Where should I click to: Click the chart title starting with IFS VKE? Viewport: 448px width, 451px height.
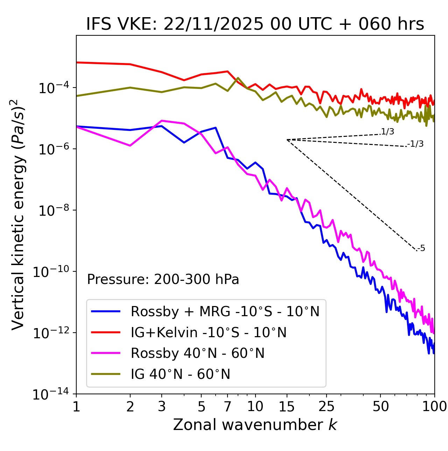coord(255,24)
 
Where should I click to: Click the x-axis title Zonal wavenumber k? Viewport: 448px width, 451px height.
coord(255,425)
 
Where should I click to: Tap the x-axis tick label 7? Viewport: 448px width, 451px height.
coord(227,406)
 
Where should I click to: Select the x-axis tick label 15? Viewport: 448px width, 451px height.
coord(287,406)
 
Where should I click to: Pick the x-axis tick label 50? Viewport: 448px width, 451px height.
coord(380,406)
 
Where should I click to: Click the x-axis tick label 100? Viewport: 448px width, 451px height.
coord(434,406)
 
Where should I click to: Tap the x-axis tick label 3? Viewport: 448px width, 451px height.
coord(161,406)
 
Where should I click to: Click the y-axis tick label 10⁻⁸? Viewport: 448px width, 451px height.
coord(52,210)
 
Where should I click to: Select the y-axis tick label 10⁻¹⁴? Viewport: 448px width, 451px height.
coord(51,394)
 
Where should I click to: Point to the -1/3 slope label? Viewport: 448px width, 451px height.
coord(416,144)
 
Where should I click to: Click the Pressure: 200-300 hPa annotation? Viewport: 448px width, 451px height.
coord(163,279)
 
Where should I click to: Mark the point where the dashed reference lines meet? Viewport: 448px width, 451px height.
coord(287,140)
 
